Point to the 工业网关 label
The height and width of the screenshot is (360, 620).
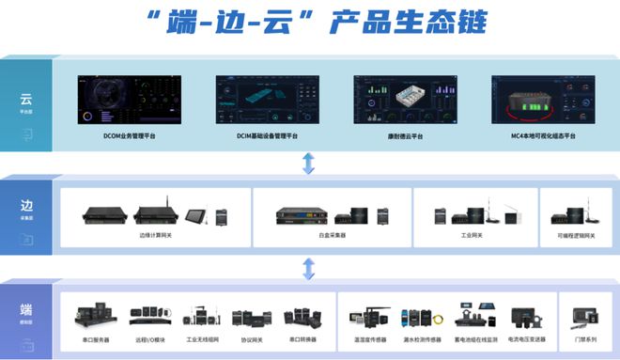(472, 235)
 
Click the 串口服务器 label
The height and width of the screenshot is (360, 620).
(95, 339)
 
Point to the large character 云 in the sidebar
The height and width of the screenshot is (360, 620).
(26, 99)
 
